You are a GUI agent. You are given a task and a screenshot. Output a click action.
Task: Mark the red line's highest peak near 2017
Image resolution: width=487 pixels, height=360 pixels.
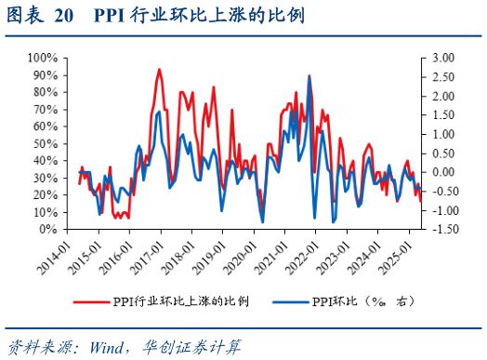(x=159, y=70)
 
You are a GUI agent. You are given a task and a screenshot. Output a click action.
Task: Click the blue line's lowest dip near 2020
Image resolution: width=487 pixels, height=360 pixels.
(x=263, y=221)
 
